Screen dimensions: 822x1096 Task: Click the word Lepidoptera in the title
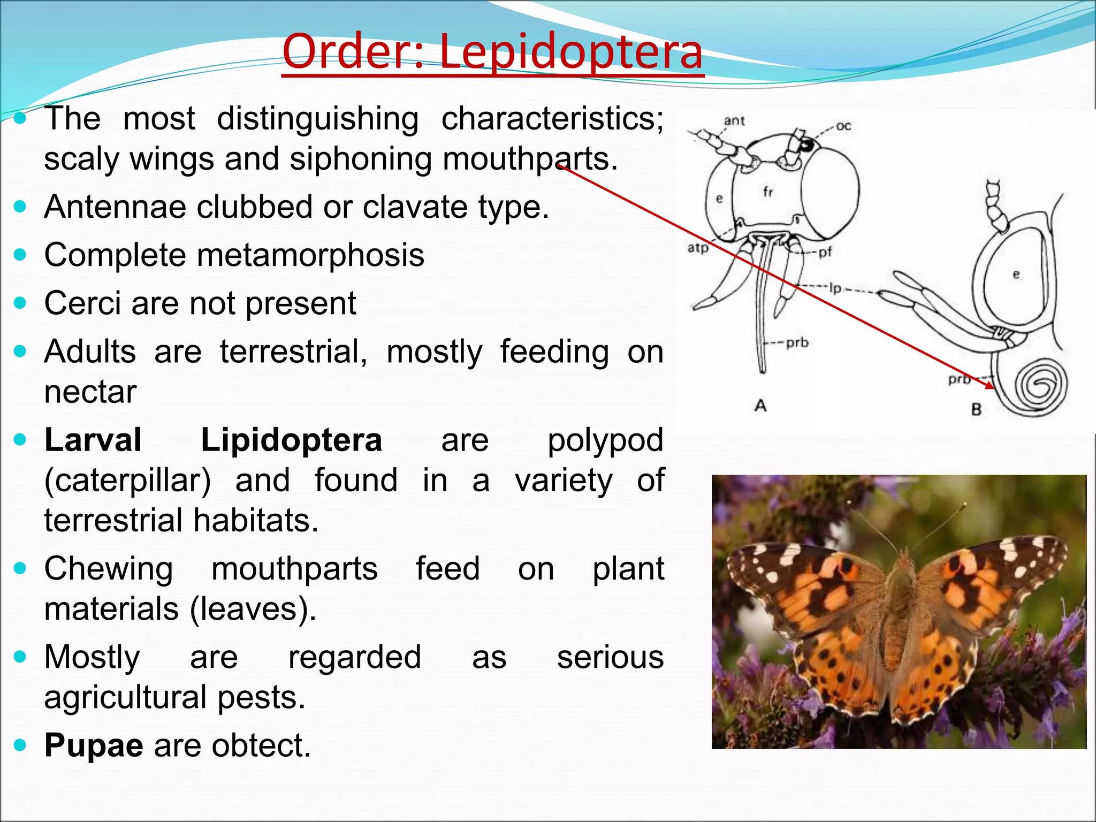coord(571,52)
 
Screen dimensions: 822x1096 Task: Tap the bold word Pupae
coord(94,745)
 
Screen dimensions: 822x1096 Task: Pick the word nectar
coord(90,392)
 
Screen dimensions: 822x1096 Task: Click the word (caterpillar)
coord(127,480)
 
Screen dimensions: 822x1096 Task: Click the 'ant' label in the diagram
coord(734,121)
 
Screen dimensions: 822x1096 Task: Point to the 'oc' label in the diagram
coord(843,126)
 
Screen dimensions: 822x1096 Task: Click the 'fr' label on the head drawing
coord(768,192)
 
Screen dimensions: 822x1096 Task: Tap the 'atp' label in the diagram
coord(698,248)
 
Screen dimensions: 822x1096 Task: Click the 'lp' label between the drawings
coord(835,288)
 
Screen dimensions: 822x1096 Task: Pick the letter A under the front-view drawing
coord(760,406)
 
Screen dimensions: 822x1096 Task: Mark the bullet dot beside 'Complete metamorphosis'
coord(20,255)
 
